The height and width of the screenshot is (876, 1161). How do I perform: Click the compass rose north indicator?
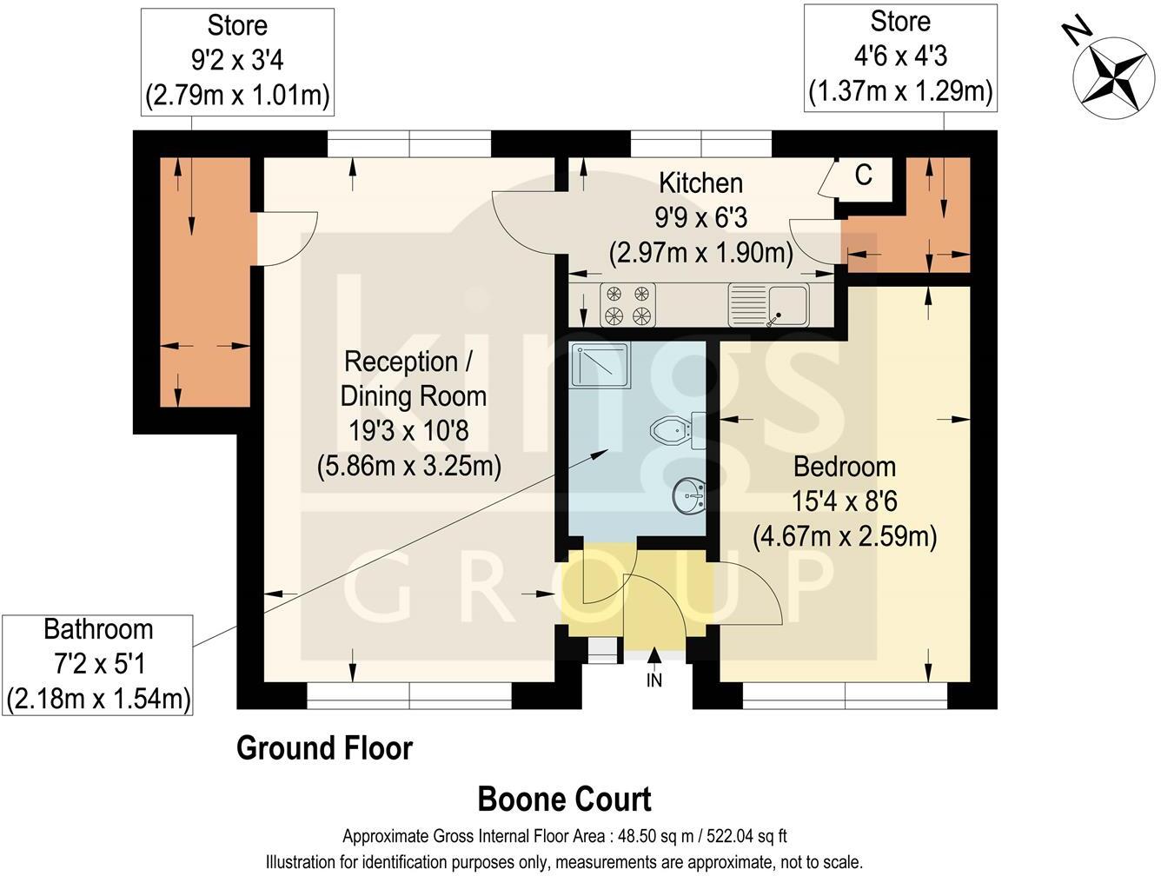coord(1113,75)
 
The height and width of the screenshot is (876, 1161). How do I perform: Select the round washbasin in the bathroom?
coord(688,495)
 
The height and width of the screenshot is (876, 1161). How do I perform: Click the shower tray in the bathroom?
coord(600,366)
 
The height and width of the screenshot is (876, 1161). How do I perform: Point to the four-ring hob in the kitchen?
coord(627,305)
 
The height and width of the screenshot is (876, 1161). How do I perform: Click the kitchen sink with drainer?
coord(768,305)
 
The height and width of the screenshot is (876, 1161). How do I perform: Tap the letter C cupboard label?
coord(863,175)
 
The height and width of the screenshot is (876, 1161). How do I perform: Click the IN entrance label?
coord(654,680)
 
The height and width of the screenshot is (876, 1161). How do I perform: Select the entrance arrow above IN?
coord(654,654)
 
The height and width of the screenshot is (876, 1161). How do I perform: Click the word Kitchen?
coord(700,183)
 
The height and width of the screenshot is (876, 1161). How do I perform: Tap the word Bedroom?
coord(845,467)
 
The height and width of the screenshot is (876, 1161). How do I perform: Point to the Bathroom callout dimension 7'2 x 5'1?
coord(99,665)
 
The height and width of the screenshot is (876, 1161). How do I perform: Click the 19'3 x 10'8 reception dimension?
coord(408,431)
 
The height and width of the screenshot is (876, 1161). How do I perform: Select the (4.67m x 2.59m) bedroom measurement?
coord(845,536)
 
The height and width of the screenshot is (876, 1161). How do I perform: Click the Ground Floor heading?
coord(324,749)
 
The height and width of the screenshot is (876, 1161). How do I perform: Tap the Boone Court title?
coord(564,800)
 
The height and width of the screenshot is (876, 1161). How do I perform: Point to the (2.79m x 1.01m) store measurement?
coord(237,96)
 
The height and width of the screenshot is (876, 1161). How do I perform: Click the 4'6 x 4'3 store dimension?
coord(900,56)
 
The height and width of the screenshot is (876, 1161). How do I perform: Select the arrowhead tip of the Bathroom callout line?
coord(608,449)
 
